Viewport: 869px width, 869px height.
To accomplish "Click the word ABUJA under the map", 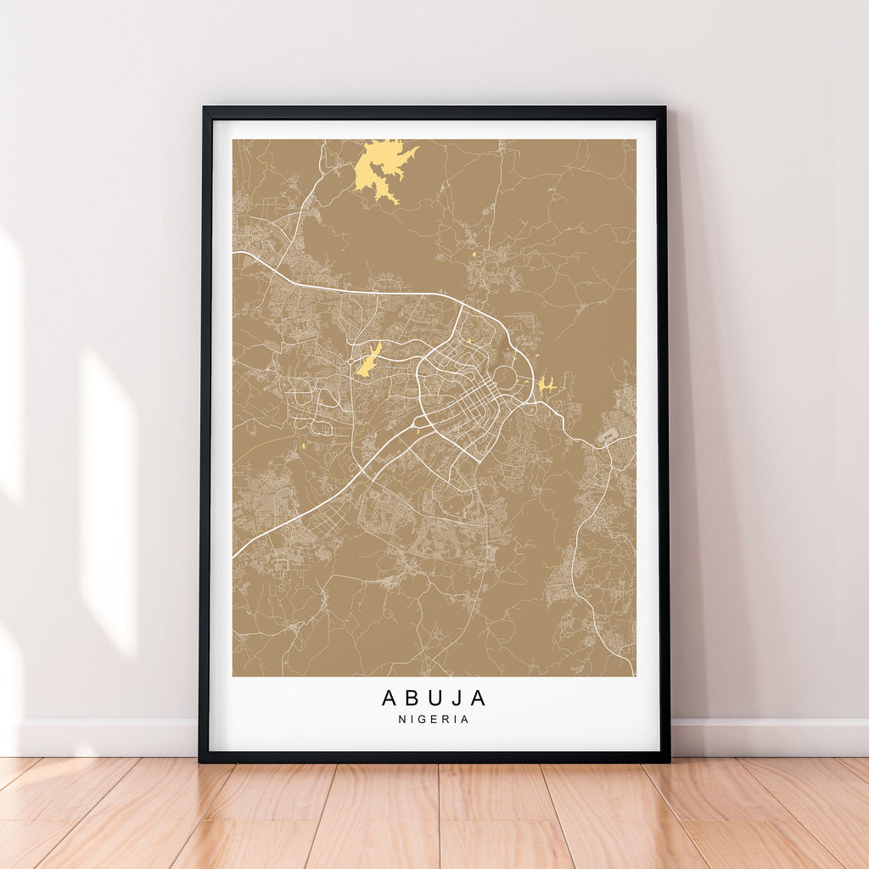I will click(434, 698).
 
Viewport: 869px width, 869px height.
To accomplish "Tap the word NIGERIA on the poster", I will click(434, 720).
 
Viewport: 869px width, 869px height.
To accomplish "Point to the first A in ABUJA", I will click(390, 698).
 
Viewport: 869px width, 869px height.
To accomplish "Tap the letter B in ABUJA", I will click(412, 698).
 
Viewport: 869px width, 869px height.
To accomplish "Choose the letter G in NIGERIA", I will click(424, 720).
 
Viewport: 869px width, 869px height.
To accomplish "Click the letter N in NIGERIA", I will click(403, 720).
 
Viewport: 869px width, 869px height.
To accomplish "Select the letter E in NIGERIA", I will click(435, 720).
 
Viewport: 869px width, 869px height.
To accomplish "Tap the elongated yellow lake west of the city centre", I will click(368, 362).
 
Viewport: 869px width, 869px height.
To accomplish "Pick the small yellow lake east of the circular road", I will click(546, 385).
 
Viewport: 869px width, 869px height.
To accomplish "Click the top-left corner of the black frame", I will click(205, 109).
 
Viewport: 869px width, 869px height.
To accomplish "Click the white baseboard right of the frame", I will click(768, 737).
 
